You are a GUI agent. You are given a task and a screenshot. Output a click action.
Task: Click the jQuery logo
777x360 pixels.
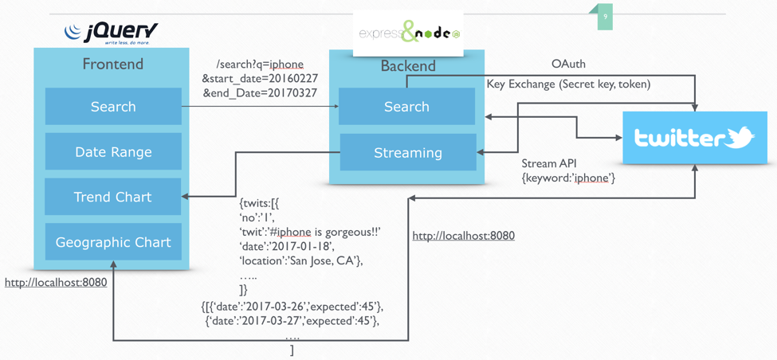(111, 33)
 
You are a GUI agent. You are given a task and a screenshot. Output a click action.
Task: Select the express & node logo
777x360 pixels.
(408, 33)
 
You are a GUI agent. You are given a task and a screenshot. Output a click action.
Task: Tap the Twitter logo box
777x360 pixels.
(694, 138)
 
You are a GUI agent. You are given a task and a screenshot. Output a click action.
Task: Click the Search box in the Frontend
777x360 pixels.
(113, 107)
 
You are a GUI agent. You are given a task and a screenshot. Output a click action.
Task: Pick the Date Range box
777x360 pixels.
(113, 152)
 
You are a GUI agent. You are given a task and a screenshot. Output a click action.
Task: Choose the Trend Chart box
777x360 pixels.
(113, 197)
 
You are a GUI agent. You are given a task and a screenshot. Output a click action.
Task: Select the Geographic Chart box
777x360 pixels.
(113, 242)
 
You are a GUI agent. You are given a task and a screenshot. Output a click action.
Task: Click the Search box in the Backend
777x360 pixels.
(406, 107)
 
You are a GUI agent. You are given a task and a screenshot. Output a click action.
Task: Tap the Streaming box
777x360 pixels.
(407, 152)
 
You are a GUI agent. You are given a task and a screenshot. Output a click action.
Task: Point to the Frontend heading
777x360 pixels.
(113, 65)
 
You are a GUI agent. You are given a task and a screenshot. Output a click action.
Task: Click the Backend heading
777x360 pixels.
(408, 66)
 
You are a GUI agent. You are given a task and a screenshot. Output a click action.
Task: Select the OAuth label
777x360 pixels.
(568, 64)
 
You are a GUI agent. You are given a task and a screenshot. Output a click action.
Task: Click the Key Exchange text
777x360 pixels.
(568, 84)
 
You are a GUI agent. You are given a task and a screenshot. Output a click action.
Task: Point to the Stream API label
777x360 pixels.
(549, 163)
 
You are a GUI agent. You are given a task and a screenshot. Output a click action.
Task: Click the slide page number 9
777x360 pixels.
(605, 17)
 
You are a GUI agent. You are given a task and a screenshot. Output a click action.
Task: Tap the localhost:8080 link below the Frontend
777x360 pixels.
(56, 282)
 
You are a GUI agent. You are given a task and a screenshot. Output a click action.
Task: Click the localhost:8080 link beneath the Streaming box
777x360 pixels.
(463, 236)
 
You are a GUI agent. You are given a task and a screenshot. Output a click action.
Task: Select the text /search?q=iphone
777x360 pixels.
(260, 65)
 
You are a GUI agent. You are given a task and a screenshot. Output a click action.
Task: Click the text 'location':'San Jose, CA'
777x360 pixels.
(301, 260)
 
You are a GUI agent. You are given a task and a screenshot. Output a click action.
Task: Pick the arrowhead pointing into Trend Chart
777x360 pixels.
(186, 197)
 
